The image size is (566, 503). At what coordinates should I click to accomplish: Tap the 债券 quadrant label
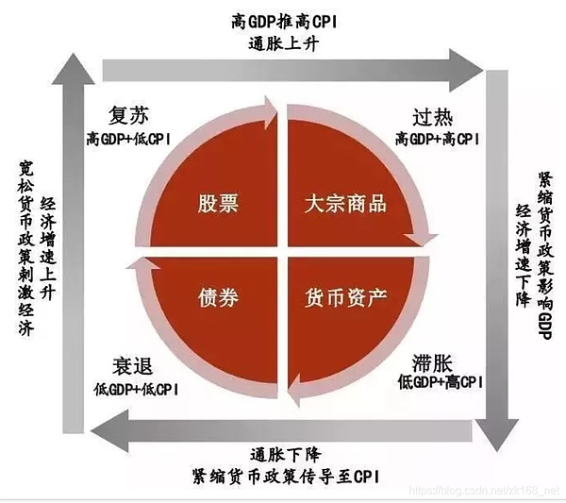point(217,298)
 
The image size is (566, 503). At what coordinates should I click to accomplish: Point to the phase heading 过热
point(432,119)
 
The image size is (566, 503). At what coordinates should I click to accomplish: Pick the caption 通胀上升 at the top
point(284,42)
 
